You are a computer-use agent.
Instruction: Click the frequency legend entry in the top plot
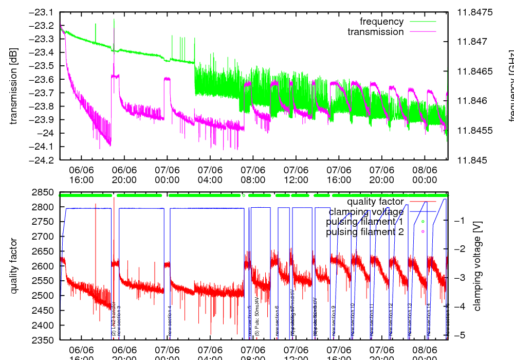point(381,22)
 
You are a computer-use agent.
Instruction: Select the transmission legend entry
point(375,32)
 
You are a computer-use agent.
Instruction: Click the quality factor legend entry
point(375,202)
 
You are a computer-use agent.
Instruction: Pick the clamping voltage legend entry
point(366,211)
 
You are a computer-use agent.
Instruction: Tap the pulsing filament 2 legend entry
point(364,232)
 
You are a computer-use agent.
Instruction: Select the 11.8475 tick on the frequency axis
point(475,12)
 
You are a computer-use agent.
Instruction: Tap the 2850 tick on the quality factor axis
point(44,192)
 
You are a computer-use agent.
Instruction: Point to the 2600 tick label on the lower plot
point(44,266)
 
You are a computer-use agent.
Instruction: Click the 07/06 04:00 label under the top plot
point(210,175)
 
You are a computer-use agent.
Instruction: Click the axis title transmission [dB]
point(14,86)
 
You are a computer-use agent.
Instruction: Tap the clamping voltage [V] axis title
point(478,267)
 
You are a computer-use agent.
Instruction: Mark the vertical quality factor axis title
point(14,266)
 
